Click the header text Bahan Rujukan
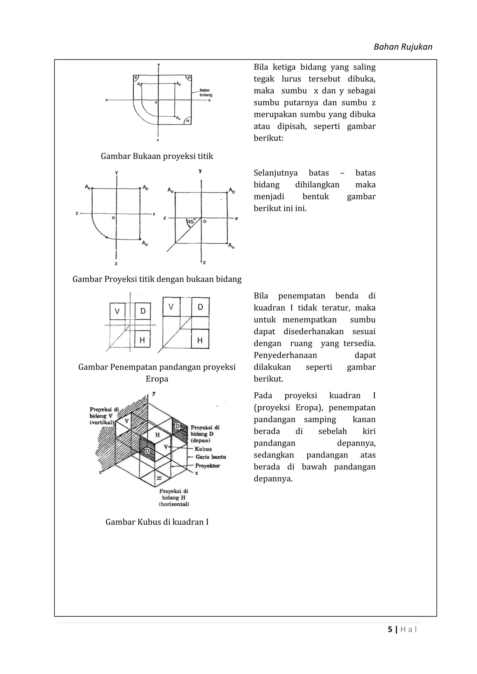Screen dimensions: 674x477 click(403, 47)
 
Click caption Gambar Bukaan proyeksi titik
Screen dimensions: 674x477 click(157, 156)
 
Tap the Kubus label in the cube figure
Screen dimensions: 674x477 click(203, 449)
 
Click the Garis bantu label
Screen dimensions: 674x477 click(211, 457)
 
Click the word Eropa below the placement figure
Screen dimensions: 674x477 click(157, 379)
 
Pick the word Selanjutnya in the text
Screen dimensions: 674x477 click(276, 173)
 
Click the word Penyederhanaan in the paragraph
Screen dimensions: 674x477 click(285, 355)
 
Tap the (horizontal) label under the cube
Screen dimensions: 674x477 click(174, 504)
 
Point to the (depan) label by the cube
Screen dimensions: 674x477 click(200, 440)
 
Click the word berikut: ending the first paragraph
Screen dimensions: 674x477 click(269, 138)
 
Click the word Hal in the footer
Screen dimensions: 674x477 click(409, 629)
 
